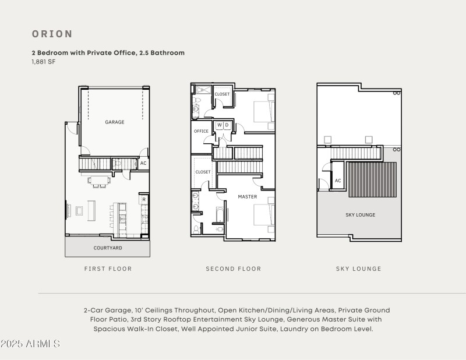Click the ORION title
pos(52,34)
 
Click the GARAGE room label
pos(114,122)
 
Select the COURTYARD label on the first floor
pos(108,248)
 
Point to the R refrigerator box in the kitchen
pos(144,200)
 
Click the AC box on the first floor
pos(143,164)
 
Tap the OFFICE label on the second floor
pos(201,131)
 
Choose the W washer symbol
pos(220,125)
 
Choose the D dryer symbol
pos(227,125)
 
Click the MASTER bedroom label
pos(247,197)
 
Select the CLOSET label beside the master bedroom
pos(203,172)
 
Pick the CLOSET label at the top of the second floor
pos(222,94)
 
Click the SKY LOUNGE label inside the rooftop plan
pos(361,215)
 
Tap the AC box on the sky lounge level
pos(338,181)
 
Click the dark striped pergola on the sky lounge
pos(372,180)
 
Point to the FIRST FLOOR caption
pos(108,269)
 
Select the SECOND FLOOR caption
pos(233,269)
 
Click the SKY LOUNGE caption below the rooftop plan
pos(358,269)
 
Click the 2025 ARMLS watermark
pos(30,344)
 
